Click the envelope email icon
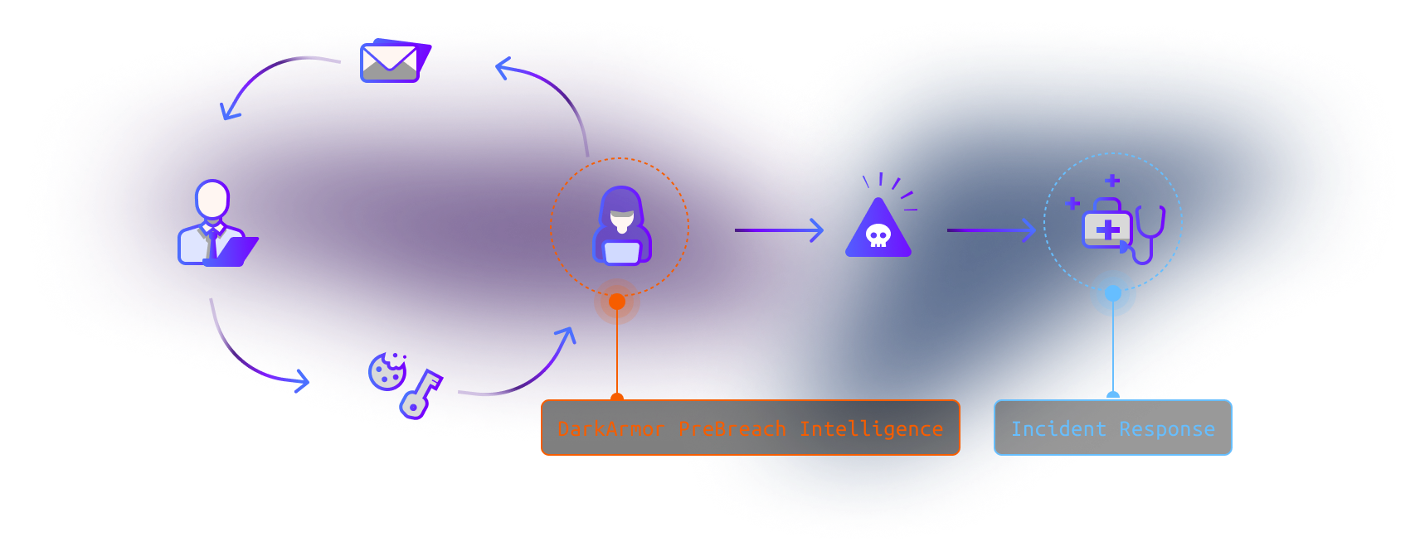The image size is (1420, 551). point(396,60)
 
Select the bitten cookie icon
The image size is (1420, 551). point(387,371)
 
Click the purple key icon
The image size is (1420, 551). point(421,394)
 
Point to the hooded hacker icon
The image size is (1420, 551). point(622,225)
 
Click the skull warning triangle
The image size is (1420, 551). point(878,227)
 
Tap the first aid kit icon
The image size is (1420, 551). point(1106,224)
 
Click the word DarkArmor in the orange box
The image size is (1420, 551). point(611,428)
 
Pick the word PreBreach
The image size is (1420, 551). point(732,428)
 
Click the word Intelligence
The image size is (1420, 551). point(872,429)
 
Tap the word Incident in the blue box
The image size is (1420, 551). point(1058,428)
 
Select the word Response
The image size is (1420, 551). point(1167,429)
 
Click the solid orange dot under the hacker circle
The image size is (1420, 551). point(617,302)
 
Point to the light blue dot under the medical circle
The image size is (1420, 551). point(1113,293)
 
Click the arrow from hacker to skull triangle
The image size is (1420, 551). point(779,230)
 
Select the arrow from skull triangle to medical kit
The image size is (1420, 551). point(991,230)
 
